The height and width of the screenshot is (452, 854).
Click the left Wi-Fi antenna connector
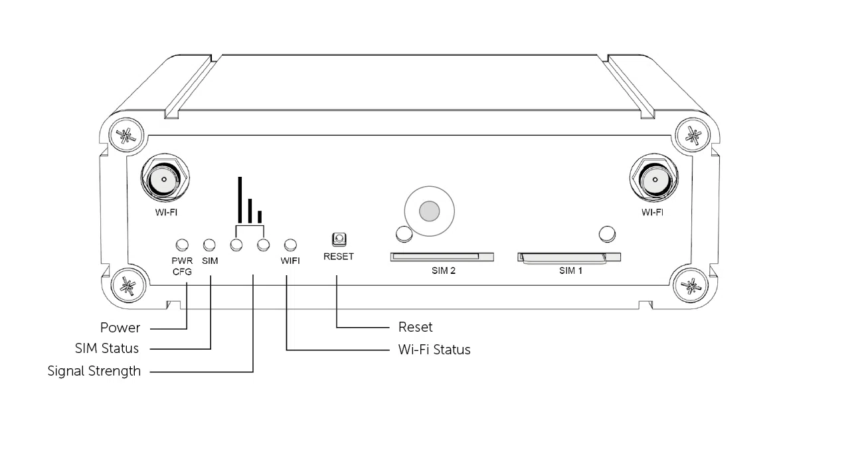click(163, 179)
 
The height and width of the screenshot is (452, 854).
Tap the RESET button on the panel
click(339, 239)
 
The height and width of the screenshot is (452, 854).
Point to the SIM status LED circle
click(210, 245)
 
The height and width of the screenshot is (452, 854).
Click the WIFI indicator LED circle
click(290, 245)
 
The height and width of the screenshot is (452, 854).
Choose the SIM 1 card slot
click(569, 257)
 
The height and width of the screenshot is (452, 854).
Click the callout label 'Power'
click(120, 328)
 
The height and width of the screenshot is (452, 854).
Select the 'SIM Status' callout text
click(107, 348)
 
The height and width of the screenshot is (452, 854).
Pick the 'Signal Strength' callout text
click(94, 371)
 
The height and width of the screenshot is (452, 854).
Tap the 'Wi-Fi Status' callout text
click(434, 350)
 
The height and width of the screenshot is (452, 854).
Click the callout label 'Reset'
click(415, 327)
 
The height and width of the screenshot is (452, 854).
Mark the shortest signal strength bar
click(260, 217)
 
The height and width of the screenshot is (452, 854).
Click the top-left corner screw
click(125, 136)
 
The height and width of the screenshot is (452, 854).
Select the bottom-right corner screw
click(691, 286)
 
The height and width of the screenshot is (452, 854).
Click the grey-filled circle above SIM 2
click(430, 211)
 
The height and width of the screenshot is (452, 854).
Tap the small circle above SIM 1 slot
click(606, 233)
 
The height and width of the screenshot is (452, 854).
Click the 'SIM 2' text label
click(442, 271)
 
